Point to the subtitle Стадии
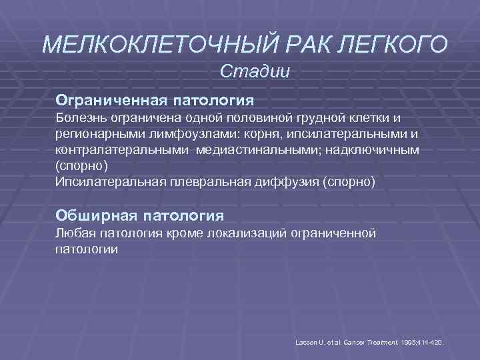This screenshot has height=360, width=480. coord(255,71)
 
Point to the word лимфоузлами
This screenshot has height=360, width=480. coord(187,134)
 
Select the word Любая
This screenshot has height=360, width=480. coord(75,233)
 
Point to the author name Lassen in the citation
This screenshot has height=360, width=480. coord(305,342)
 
